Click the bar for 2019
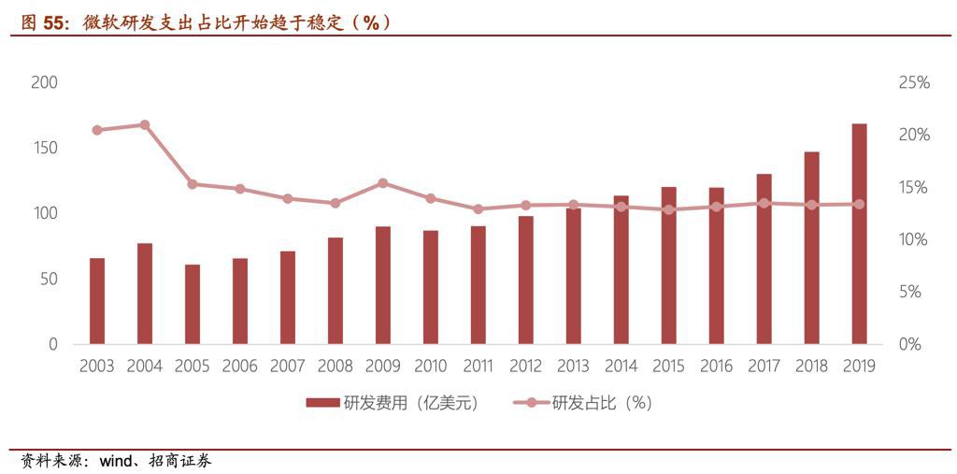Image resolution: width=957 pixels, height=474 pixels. [x=859, y=234]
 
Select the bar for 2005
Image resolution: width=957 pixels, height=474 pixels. [x=193, y=304]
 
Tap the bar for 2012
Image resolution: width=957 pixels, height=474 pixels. [x=525, y=280]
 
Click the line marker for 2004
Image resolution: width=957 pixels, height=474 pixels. [x=145, y=124]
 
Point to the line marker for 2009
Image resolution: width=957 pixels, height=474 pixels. [x=383, y=183]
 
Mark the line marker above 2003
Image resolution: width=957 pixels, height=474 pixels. [x=97, y=130]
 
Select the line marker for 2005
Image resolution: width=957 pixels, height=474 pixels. [x=193, y=184]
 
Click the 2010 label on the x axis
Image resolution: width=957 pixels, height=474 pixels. [x=430, y=366]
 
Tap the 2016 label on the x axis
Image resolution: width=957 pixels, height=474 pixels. [x=716, y=366]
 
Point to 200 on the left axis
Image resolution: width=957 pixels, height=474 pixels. [x=44, y=82]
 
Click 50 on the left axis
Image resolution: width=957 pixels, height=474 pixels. [x=48, y=279]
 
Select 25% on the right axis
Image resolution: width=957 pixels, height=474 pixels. [x=914, y=82]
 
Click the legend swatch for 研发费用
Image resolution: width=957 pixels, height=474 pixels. [x=321, y=403]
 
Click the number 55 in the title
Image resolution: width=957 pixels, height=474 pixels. [x=54, y=22]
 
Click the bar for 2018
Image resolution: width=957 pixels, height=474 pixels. [x=811, y=248]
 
